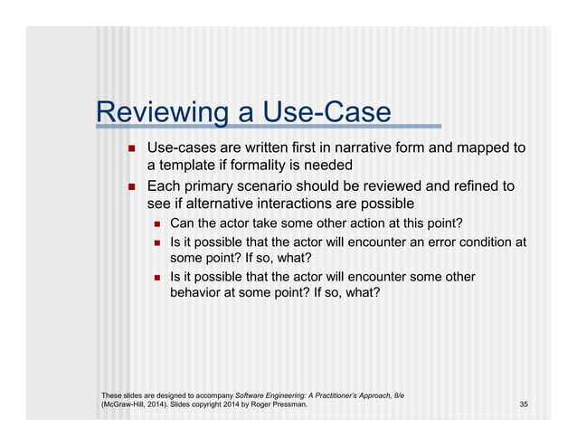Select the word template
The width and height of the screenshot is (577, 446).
(187, 166)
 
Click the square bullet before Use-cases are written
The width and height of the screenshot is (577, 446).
(130, 147)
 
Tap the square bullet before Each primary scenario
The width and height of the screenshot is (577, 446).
(130, 186)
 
